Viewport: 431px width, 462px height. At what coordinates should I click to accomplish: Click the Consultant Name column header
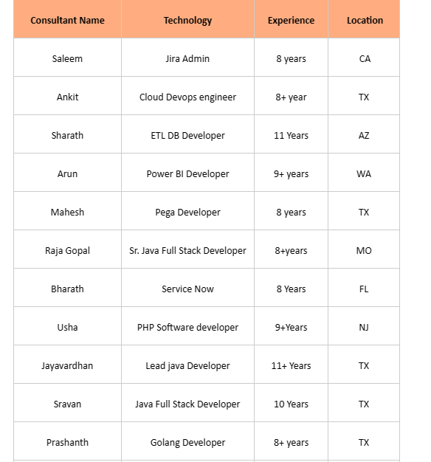coord(67,21)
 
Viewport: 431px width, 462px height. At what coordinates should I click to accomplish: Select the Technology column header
coord(187,21)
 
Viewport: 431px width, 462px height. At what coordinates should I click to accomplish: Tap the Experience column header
coord(291,21)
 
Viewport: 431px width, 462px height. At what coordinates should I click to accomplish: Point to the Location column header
coord(365,21)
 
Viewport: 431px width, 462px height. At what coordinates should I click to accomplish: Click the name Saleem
coord(67,59)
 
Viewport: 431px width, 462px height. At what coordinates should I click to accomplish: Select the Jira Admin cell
coord(187,59)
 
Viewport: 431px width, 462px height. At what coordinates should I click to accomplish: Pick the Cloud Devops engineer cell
coord(187,97)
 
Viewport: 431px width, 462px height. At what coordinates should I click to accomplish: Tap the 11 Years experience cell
coord(291,136)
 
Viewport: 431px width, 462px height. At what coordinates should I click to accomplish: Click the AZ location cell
coord(364,136)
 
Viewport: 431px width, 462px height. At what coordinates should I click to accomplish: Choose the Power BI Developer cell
coord(187,174)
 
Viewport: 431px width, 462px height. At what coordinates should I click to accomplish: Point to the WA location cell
coord(364,174)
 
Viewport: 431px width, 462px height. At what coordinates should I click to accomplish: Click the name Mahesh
coord(67,213)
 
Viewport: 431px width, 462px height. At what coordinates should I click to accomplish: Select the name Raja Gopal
coord(67,251)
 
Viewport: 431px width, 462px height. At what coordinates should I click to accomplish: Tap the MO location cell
coord(364,251)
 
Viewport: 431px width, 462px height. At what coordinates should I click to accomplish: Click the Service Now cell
coord(187,289)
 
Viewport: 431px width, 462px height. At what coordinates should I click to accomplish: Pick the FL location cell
coord(364,289)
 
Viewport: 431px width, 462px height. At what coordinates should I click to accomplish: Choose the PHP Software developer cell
coord(187,328)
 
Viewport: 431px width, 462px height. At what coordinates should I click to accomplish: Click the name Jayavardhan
coord(67,366)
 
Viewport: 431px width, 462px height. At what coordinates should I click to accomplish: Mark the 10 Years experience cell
coord(291,404)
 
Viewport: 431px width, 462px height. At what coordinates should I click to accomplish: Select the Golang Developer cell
coord(187,443)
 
